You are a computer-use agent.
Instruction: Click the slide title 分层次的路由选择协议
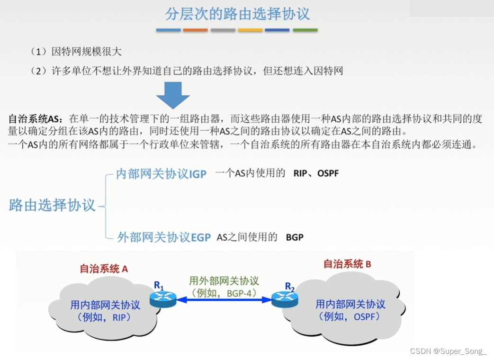coord(237,14)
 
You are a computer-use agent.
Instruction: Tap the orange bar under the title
coord(195,30)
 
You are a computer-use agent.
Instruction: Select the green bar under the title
coord(305,30)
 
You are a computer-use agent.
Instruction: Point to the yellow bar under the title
coord(250,30)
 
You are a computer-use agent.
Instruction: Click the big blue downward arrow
coord(173,95)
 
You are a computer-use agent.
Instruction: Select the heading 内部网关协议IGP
coord(162,174)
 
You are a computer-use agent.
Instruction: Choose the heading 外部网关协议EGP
coord(164,237)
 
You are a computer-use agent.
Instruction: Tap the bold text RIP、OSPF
coord(316,173)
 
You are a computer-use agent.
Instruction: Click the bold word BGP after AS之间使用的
coord(295,237)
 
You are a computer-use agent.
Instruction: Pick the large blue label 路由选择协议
coord(52,206)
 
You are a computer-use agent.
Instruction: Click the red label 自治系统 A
coord(104,269)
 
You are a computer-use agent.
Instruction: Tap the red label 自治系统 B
coord(347,264)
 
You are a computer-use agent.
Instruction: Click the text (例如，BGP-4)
coord(224,293)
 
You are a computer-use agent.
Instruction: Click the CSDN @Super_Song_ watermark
coord(448,351)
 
